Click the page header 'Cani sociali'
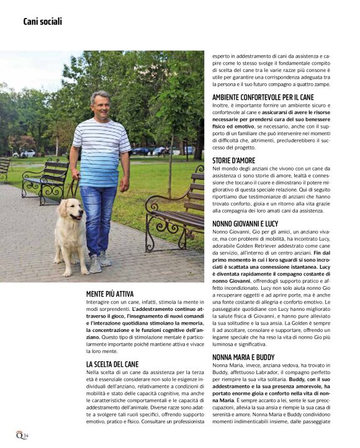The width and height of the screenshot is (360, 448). pos(42,22)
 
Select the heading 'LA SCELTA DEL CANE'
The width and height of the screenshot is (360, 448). pos(112,364)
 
